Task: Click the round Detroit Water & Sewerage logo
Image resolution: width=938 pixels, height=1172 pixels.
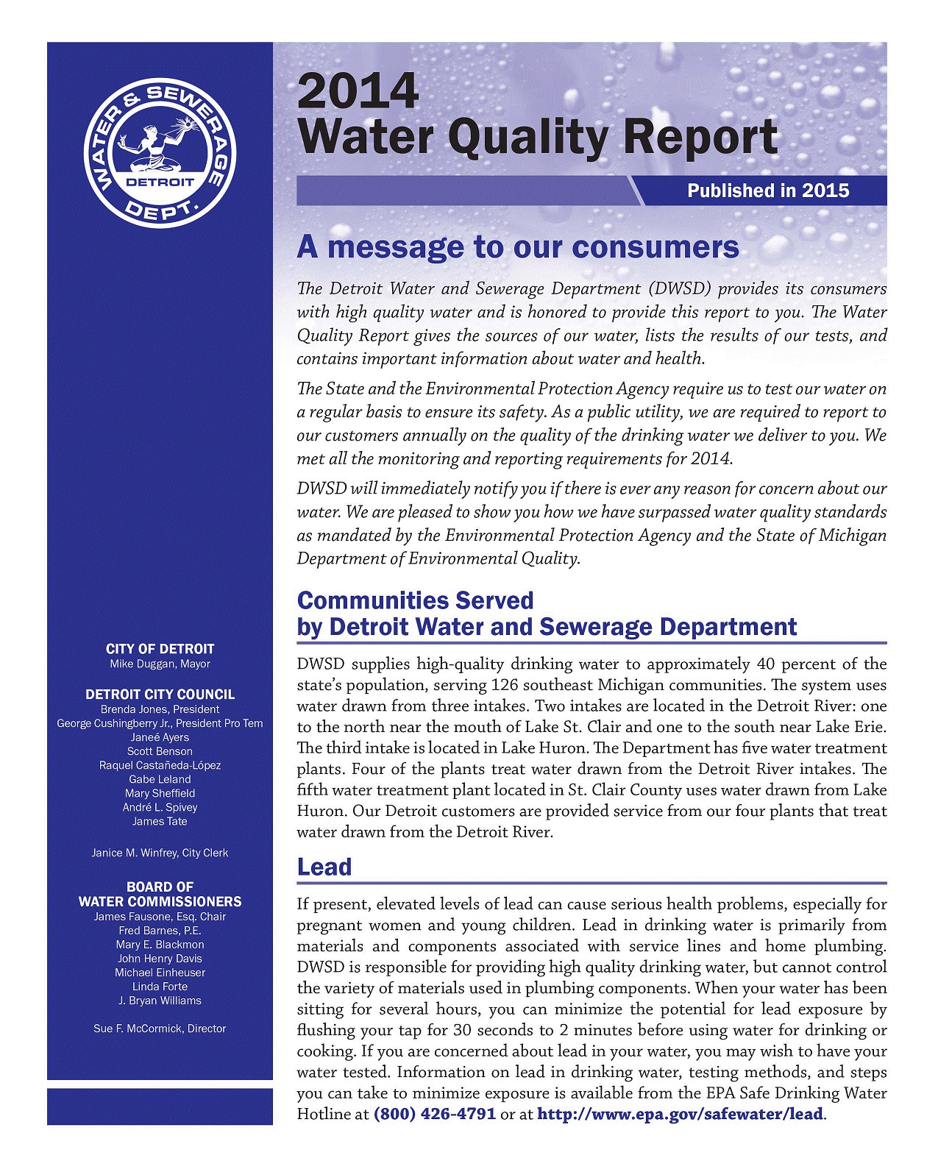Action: click(x=160, y=152)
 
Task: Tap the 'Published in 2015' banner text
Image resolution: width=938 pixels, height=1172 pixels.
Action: click(x=767, y=191)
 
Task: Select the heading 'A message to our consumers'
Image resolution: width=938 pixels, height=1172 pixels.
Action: click(x=517, y=247)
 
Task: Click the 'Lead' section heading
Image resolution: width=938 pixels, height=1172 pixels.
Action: click(x=324, y=867)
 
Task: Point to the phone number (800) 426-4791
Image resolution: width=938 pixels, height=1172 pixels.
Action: click(x=435, y=1114)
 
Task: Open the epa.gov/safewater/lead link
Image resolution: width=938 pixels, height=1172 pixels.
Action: click(x=680, y=1114)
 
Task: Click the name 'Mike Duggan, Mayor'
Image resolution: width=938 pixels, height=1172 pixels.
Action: click(x=160, y=664)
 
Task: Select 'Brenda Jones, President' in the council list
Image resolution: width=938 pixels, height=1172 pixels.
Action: click(x=160, y=710)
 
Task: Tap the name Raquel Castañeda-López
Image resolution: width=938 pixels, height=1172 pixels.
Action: click(x=160, y=766)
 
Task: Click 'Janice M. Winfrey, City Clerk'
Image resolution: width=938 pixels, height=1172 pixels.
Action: click(x=160, y=853)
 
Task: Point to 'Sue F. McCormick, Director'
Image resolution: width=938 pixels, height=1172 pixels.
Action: click(x=160, y=1029)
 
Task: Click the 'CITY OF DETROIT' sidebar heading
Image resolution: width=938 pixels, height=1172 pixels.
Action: click(x=160, y=649)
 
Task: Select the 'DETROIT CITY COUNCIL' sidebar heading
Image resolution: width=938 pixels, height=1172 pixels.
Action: click(x=160, y=695)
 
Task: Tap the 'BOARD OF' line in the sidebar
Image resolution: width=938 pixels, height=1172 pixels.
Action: click(x=160, y=887)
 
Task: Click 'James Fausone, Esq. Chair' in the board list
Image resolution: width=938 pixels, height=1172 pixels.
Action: click(x=160, y=917)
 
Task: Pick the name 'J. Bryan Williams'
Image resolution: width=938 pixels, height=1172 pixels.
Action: click(x=160, y=1001)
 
